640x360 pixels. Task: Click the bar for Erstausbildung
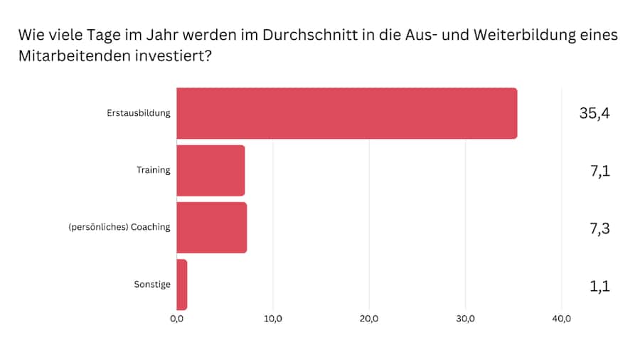[x=346, y=113]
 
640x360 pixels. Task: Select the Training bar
[x=210, y=171]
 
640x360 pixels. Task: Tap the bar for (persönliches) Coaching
[x=211, y=228]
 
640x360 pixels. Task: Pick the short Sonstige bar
[x=182, y=285]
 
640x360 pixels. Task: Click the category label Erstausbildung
[x=139, y=113]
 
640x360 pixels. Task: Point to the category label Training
[x=154, y=171]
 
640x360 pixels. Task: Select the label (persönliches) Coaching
[x=120, y=228]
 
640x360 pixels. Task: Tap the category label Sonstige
[x=152, y=285]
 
